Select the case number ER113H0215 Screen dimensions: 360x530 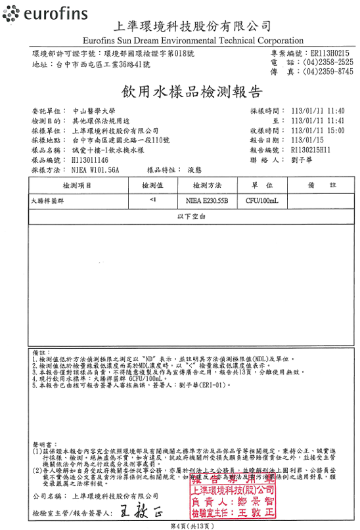pyautogui.click(x=330, y=52)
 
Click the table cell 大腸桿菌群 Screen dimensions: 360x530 pyautogui.click(x=47, y=200)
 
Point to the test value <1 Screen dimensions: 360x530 pyautogui.click(x=153, y=199)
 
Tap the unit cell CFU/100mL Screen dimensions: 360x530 pyautogui.click(x=262, y=200)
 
